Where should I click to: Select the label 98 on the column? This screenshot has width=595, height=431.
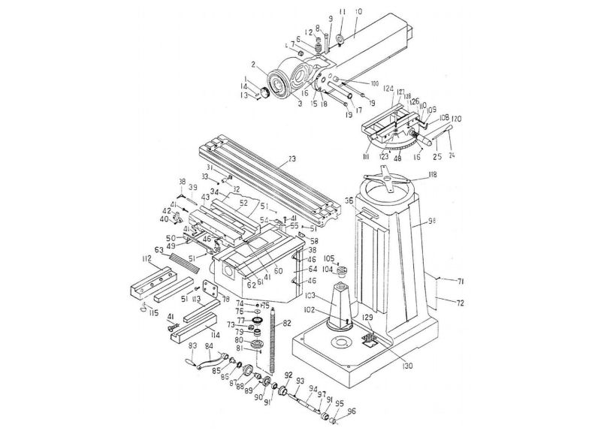431,222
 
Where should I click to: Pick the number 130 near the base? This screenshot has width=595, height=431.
406,366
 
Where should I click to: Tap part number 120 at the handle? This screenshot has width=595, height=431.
456,119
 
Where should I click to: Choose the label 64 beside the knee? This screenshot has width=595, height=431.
313,268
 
